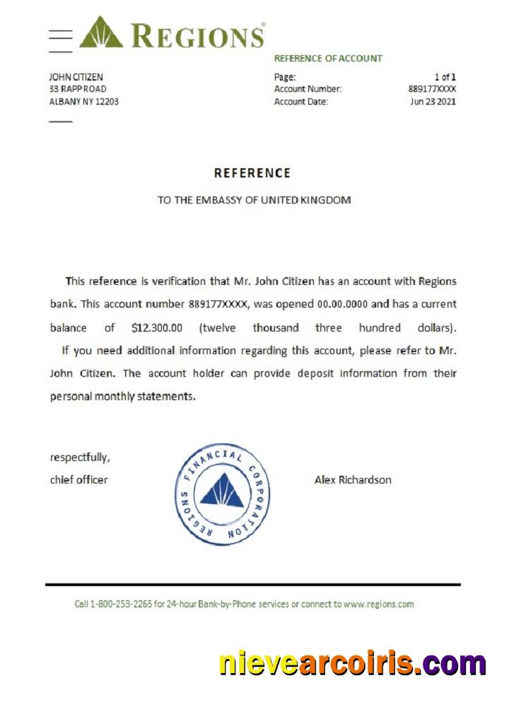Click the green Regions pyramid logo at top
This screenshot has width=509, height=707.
coord(100,33)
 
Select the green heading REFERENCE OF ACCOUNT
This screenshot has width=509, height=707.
coord(328,59)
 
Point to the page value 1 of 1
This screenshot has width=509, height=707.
coord(445,77)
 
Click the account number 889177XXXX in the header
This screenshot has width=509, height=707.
coord(432,89)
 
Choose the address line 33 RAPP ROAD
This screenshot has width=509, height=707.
coord(78,89)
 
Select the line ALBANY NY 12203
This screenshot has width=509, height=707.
coord(83,101)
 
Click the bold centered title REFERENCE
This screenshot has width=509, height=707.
coord(252,173)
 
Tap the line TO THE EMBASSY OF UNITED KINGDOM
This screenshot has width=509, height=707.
coord(254,200)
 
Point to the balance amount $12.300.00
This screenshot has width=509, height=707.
coord(157,328)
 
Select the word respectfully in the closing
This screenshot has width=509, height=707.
coord(80,457)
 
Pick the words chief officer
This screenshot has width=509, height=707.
coord(79,480)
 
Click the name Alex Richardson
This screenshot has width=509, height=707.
coord(353,480)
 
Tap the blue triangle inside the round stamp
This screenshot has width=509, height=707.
coord(222,492)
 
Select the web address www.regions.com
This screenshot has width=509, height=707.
coord(378,604)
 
